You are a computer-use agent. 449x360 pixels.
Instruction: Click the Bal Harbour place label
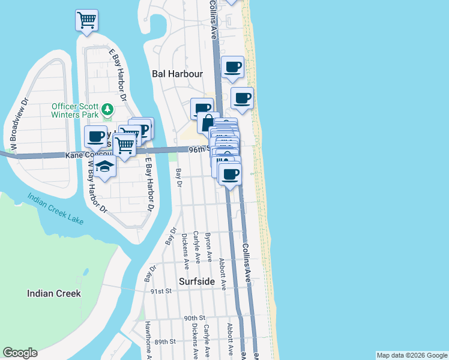[177, 74]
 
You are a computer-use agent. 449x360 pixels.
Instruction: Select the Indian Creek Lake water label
[55, 208]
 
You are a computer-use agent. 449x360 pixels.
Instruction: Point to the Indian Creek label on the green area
[54, 293]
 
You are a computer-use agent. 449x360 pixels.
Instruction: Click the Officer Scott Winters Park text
[74, 112]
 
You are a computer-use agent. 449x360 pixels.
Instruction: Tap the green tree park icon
[107, 109]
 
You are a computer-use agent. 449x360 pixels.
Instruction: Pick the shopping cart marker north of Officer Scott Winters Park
[86, 20]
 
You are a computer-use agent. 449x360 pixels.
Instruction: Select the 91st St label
[161, 290]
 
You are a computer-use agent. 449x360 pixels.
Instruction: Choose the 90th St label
[194, 317]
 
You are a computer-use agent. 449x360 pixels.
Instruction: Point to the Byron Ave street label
[208, 247]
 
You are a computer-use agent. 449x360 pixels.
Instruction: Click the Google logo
[20, 353]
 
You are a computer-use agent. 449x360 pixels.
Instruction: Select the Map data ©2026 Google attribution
[412, 355]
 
